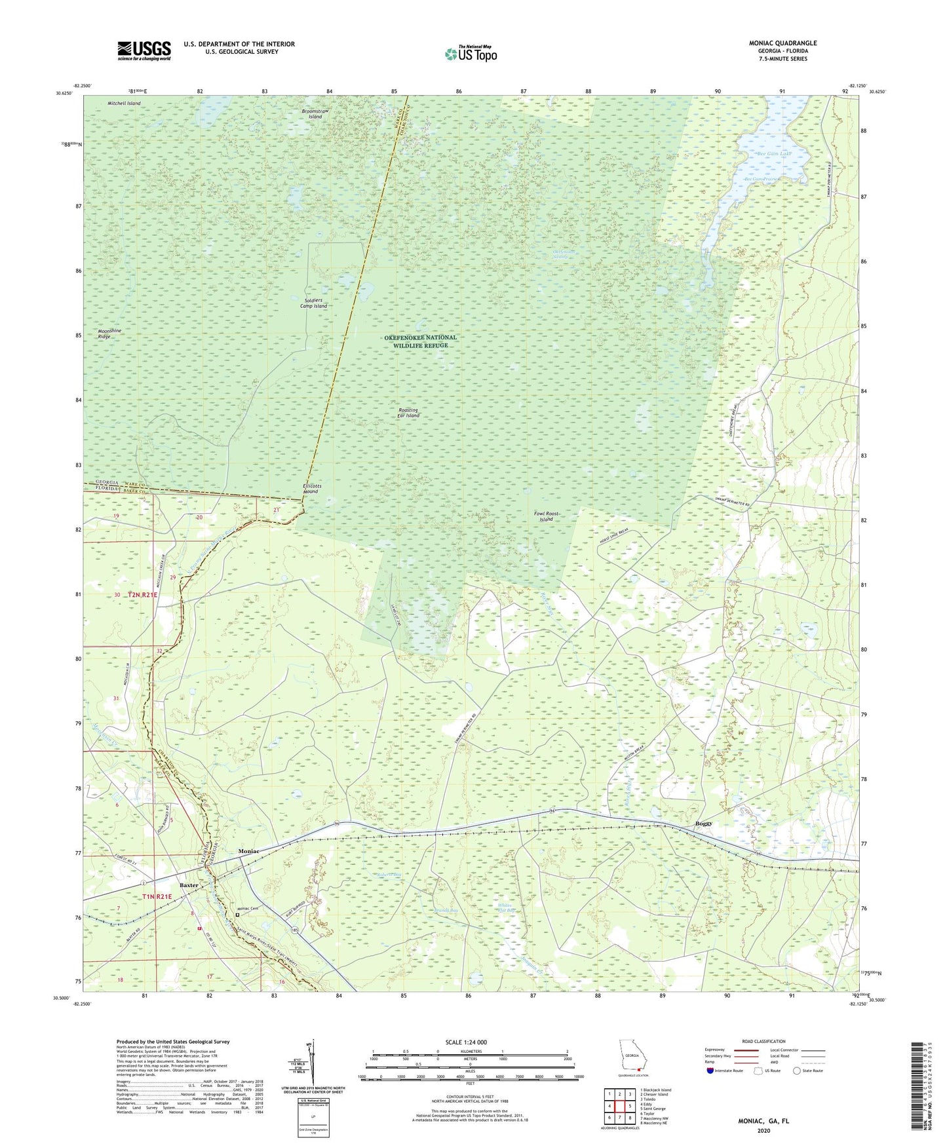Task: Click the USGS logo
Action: (144, 50)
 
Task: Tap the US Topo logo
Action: (471, 54)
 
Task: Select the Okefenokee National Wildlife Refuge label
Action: (420, 341)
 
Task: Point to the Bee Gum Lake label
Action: (775, 154)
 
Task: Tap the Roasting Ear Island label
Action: (408, 413)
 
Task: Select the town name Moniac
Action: (248, 850)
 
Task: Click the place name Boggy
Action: (703, 824)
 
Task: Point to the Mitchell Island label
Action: (124, 104)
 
